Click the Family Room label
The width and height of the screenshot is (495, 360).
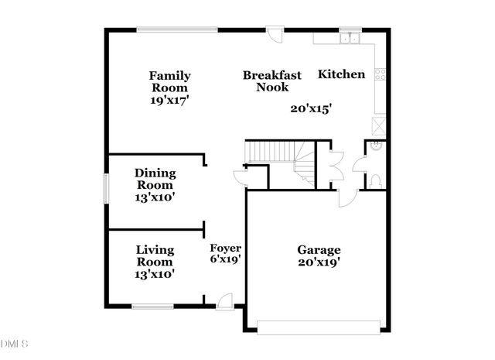(x=170, y=81)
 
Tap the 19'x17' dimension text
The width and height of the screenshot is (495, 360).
(x=170, y=100)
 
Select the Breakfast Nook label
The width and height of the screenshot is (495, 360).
(x=271, y=81)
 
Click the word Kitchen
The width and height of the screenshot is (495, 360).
(x=341, y=75)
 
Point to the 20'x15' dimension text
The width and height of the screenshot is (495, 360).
(x=311, y=109)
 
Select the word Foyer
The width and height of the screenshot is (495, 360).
(x=225, y=249)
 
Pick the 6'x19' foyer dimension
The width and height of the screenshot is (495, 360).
(x=227, y=260)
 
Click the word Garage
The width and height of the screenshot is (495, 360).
(x=319, y=250)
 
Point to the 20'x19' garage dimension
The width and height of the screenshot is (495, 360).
(x=319, y=262)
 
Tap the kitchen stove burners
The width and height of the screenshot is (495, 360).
(x=380, y=74)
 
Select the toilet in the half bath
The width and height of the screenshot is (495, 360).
(x=375, y=180)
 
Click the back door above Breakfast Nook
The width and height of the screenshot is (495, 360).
(x=275, y=33)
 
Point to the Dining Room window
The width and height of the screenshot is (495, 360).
(x=106, y=189)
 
